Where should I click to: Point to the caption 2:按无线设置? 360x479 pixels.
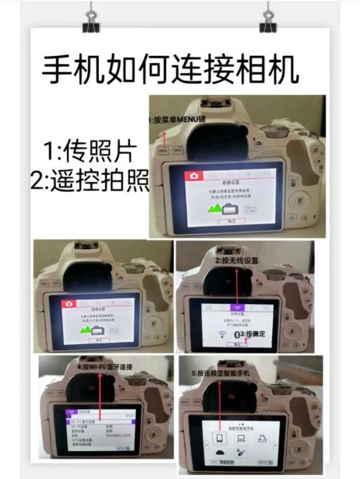click(x=239, y=260)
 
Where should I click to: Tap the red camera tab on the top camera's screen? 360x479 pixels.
click(x=192, y=175)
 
